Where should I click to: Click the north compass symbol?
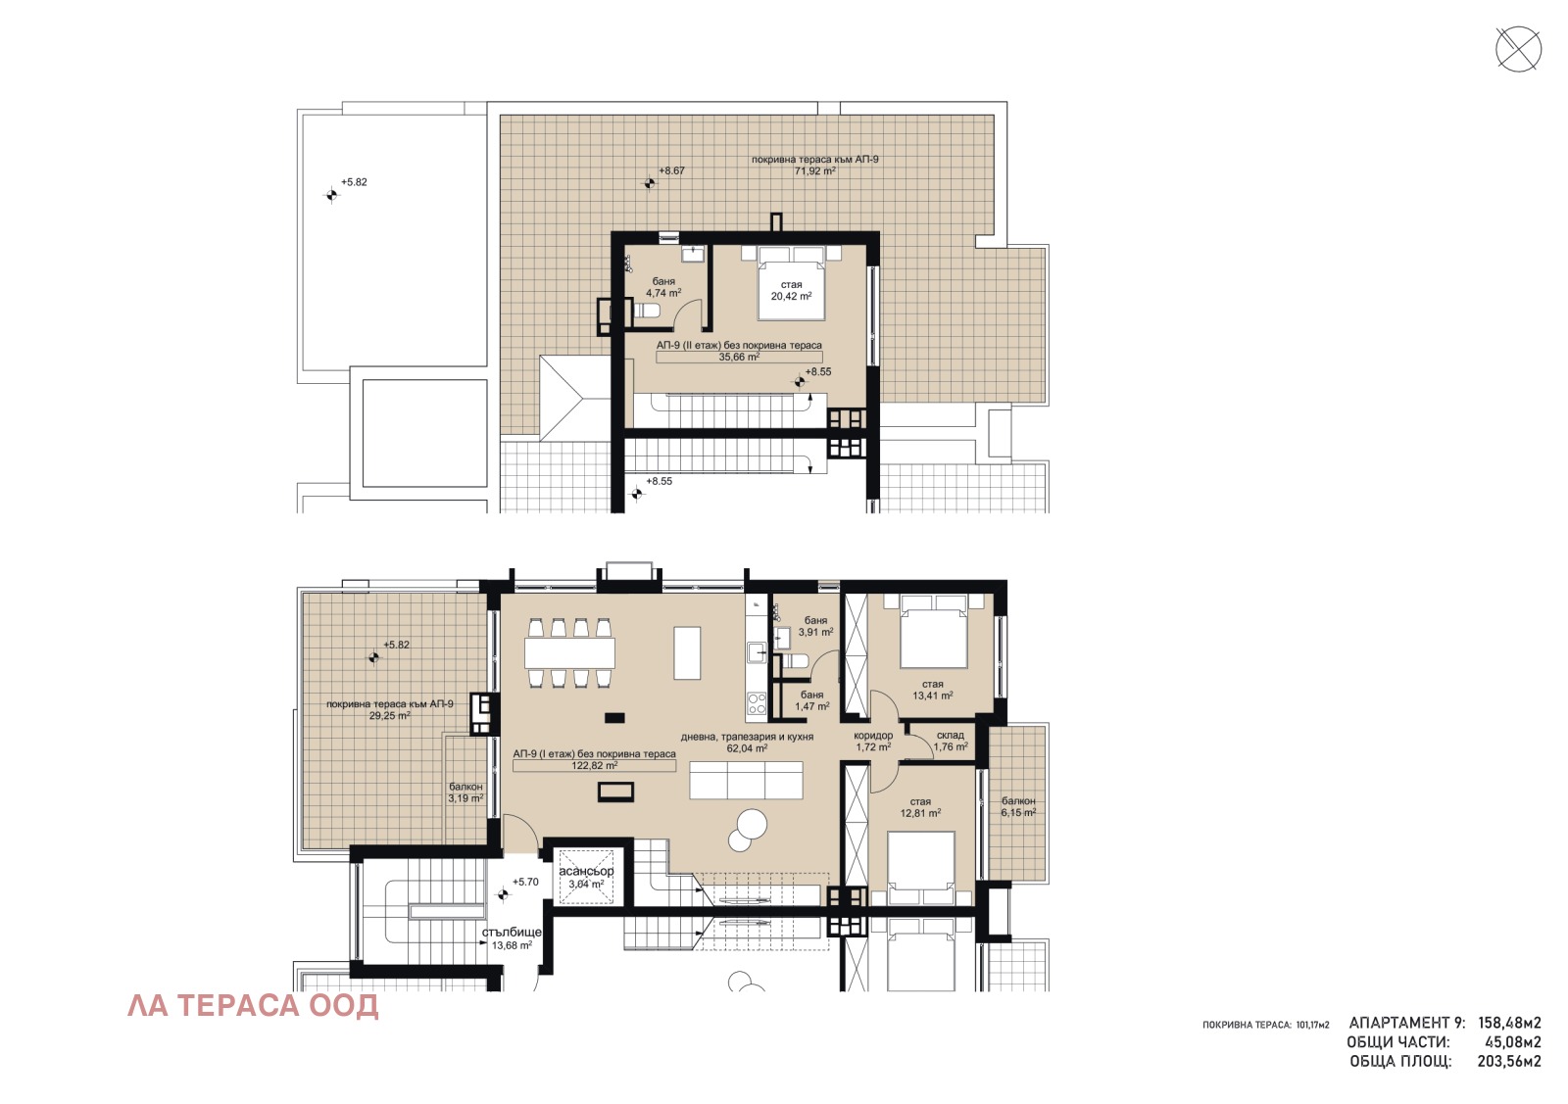tap(1518, 49)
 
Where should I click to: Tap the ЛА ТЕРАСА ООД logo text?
tap(253, 1006)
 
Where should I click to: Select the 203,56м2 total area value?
tap(1509, 1061)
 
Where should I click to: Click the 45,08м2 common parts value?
tap(1513, 1042)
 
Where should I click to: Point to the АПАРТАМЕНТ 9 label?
tap(1407, 1024)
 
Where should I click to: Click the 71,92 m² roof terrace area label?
tap(814, 170)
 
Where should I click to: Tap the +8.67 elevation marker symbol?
tap(650, 182)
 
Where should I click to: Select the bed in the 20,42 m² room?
tap(791, 283)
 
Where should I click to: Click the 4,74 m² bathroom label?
tap(663, 288)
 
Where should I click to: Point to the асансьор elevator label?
tap(586, 872)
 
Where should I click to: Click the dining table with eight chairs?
tap(569, 653)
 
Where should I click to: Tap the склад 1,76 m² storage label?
tap(951, 741)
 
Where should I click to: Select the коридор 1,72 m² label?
tap(873, 742)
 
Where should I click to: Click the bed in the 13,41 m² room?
tap(933, 631)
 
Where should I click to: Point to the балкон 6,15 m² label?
tap(1018, 806)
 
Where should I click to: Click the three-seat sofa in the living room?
tap(746, 780)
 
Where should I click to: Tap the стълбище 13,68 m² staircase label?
tap(512, 938)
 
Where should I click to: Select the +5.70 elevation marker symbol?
tap(502, 894)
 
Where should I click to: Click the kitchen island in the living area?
tap(687, 653)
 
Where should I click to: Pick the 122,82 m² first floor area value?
tap(594, 765)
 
